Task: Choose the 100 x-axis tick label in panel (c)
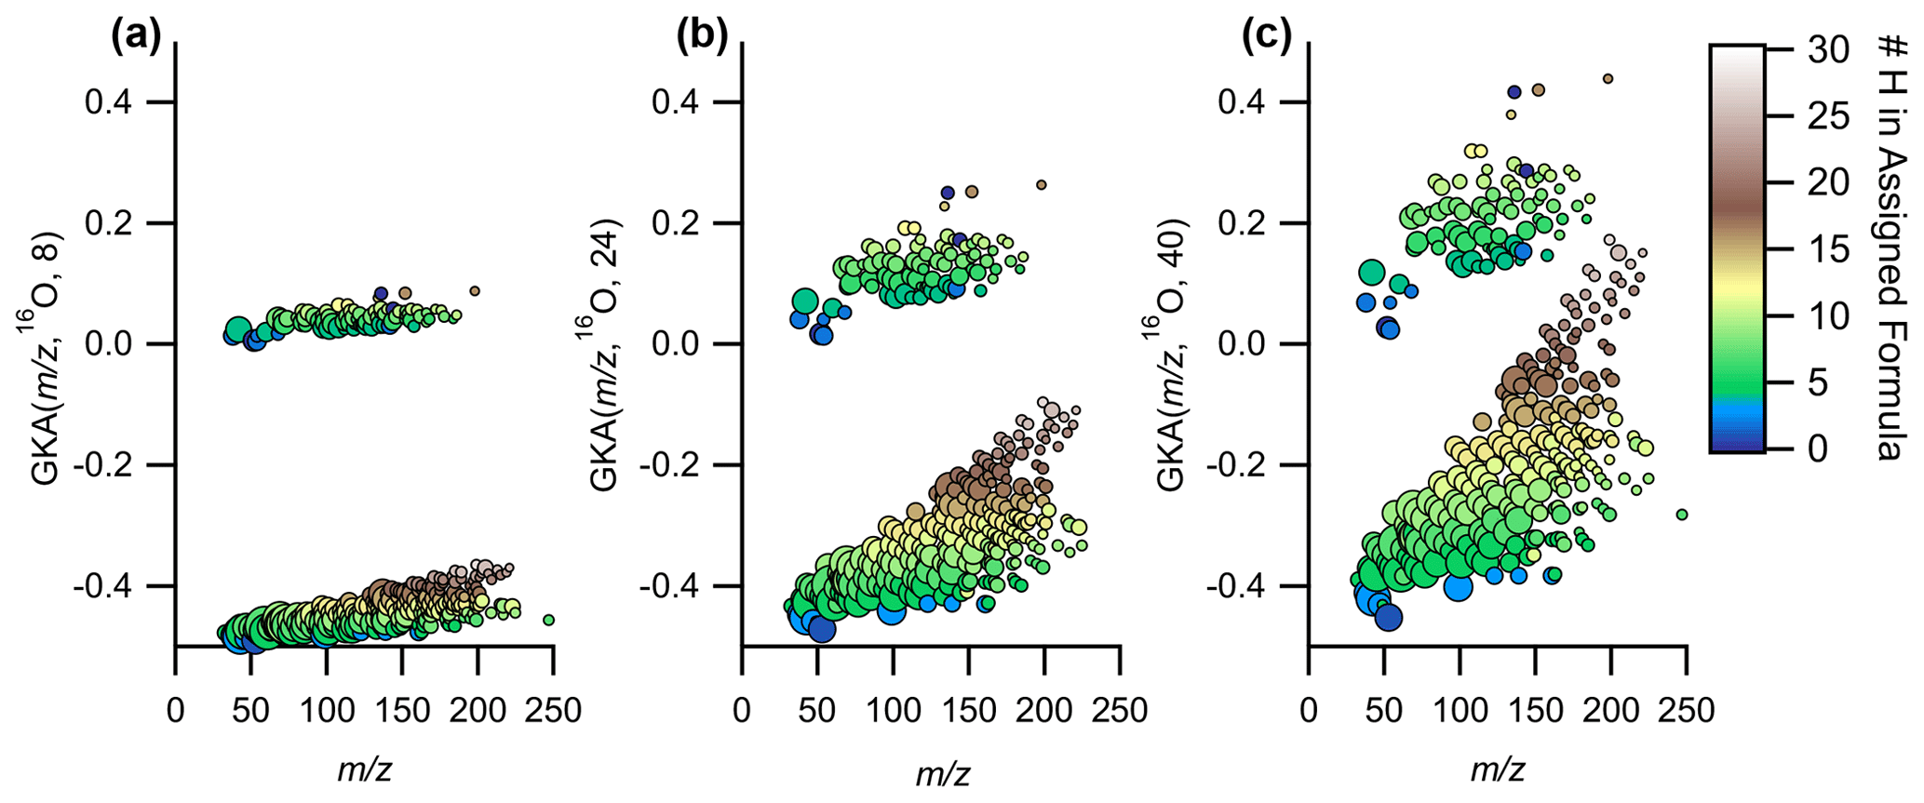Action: [x=1460, y=711]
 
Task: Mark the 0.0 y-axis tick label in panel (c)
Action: [x=1243, y=344]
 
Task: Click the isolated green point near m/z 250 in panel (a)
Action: [x=549, y=620]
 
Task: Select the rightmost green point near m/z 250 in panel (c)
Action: [x=1682, y=515]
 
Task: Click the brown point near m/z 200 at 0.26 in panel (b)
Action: [x=1042, y=185]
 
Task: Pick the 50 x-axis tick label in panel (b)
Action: [x=817, y=711]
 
